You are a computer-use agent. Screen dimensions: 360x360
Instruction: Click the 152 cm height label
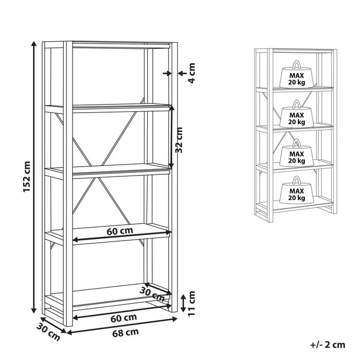(x=27, y=177)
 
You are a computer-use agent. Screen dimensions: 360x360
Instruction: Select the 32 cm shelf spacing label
(x=179, y=139)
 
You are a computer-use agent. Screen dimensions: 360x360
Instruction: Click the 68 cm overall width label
(x=125, y=332)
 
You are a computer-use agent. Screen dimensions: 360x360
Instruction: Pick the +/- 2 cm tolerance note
(x=329, y=345)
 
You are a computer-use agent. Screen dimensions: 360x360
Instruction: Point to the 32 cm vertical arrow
(x=172, y=136)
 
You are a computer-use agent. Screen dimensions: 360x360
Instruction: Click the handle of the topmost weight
(x=296, y=65)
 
